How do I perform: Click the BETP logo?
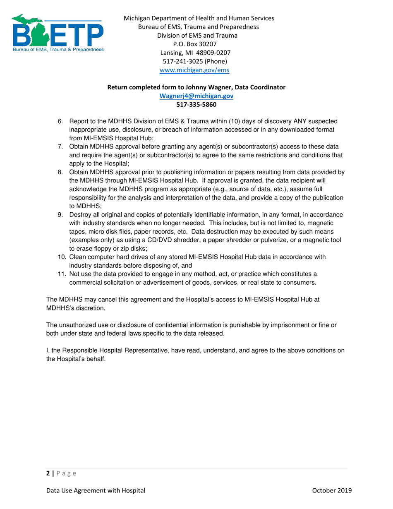pyautogui.click(x=57, y=34)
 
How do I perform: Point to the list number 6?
pyautogui.click(x=60, y=121)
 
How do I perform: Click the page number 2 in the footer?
pyautogui.click(x=48, y=473)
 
